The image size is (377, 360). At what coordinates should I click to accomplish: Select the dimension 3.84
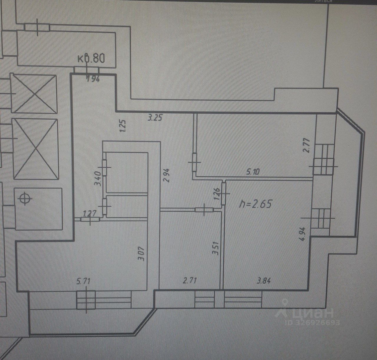click(264, 281)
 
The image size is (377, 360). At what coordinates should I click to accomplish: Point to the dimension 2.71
click(190, 281)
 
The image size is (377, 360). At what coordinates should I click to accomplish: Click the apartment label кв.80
click(91, 58)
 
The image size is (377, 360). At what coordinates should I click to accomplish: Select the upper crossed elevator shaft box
click(33, 93)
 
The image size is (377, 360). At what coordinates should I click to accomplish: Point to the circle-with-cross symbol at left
click(25, 199)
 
